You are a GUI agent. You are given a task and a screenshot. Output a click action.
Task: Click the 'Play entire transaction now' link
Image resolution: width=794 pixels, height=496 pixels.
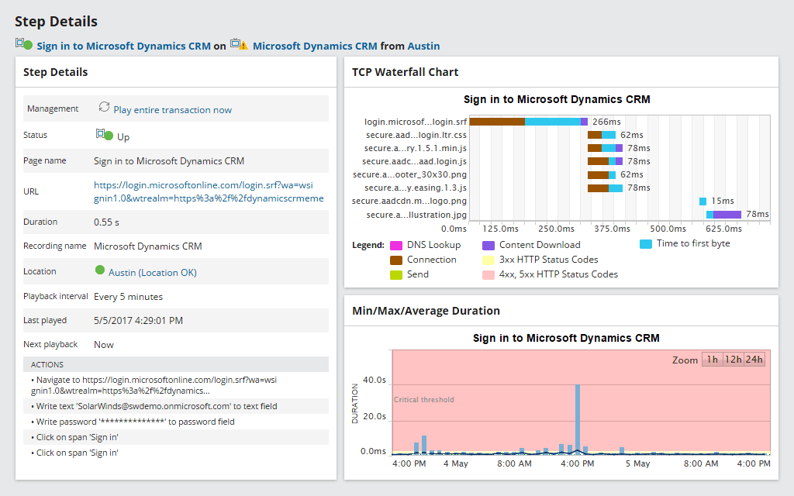pyautogui.click(x=172, y=110)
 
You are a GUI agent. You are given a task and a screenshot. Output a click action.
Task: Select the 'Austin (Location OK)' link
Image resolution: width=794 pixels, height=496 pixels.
pyautogui.click(x=152, y=272)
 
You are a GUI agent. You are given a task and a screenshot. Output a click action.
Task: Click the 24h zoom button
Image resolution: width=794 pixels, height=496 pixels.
pyautogui.click(x=754, y=360)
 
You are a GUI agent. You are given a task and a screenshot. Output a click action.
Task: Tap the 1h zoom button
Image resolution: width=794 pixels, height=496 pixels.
pyautogui.click(x=711, y=360)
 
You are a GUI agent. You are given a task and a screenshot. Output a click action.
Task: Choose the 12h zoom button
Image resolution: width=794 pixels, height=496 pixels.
pyautogui.click(x=732, y=360)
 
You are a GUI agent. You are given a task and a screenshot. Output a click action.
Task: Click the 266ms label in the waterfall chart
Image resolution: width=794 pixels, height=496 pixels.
pyautogui.click(x=606, y=122)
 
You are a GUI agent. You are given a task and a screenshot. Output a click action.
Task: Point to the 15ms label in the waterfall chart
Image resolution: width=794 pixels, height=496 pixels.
pyautogui.click(x=722, y=201)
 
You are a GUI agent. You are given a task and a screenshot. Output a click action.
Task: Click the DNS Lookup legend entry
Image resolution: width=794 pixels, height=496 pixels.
pyautogui.click(x=433, y=245)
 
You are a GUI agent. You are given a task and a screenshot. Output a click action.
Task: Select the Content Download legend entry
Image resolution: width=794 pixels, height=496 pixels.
pyautogui.click(x=539, y=245)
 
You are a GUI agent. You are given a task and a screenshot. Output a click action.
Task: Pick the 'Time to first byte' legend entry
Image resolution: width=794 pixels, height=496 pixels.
pyautogui.click(x=692, y=243)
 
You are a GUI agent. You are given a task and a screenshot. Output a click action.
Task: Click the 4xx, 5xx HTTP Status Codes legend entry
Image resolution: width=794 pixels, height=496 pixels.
pyautogui.click(x=558, y=274)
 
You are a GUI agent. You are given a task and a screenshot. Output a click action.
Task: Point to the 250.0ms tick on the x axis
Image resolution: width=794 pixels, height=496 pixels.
pyautogui.click(x=555, y=229)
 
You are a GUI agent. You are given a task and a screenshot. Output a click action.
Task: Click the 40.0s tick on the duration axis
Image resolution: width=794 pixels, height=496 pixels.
pyautogui.click(x=374, y=380)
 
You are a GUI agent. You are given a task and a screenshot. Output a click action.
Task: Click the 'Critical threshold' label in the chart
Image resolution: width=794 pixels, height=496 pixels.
pyautogui.click(x=424, y=400)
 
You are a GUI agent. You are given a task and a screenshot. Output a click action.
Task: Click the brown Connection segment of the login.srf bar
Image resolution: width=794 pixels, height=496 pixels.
pyautogui.click(x=497, y=122)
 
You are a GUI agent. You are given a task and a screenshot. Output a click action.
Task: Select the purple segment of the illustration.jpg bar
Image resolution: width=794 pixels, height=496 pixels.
pyautogui.click(x=727, y=215)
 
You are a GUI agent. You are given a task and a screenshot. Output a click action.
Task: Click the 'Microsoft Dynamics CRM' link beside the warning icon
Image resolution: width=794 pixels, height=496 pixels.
pyautogui.click(x=315, y=46)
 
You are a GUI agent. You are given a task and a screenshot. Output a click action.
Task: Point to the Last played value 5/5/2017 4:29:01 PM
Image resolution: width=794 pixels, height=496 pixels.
pyautogui.click(x=138, y=320)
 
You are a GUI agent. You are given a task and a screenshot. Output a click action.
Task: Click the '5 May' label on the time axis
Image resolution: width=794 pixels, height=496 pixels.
pyautogui.click(x=637, y=463)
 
